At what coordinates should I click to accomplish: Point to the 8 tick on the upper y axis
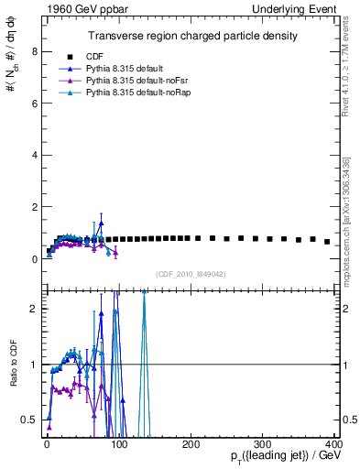click(34, 51)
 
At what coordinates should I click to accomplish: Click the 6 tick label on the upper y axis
click(34, 104)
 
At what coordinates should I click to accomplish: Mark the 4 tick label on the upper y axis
click(34, 155)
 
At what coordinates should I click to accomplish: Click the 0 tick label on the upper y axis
click(34, 259)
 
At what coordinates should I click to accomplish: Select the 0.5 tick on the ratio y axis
click(29, 420)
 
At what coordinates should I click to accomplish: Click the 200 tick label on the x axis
click(191, 442)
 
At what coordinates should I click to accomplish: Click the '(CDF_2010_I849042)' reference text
click(190, 274)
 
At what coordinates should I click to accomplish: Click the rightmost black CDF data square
click(327, 242)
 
